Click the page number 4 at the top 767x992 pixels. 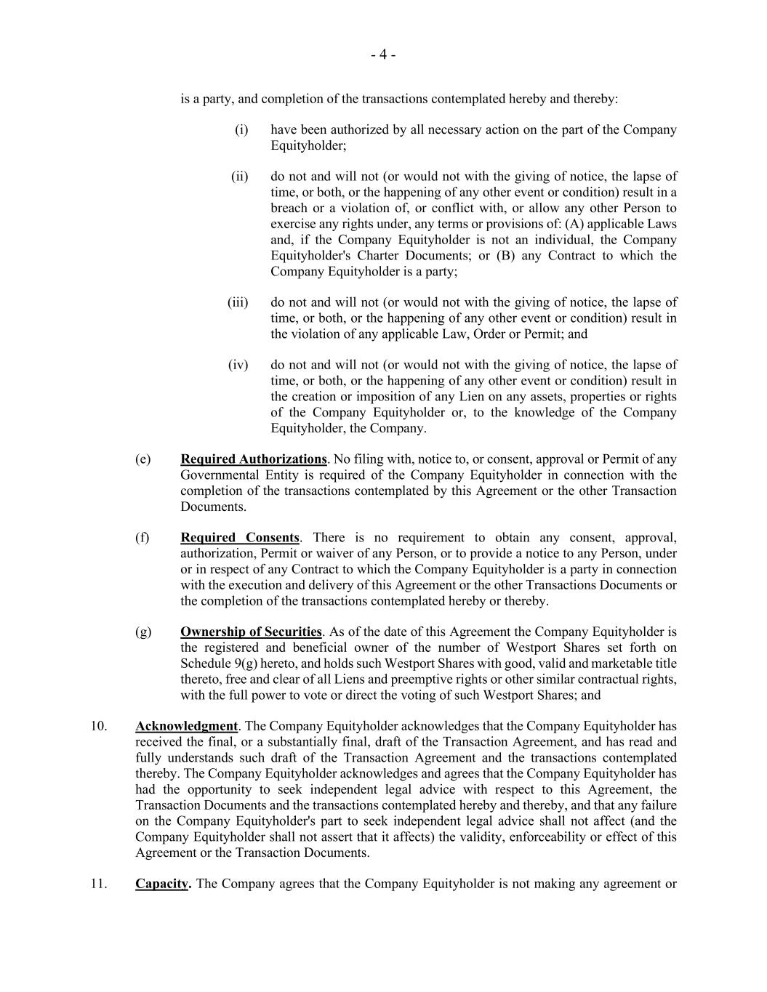click(383, 55)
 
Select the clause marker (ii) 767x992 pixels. click(240, 177)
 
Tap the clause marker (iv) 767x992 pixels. click(238, 365)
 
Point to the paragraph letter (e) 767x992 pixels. click(142, 459)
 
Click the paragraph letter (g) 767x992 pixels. click(143, 632)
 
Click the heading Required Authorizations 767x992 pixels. click(254, 459)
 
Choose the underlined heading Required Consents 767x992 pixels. click(240, 538)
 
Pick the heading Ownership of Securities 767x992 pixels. click(251, 632)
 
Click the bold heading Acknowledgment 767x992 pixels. click(186, 726)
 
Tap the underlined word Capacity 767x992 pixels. click(161, 884)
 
